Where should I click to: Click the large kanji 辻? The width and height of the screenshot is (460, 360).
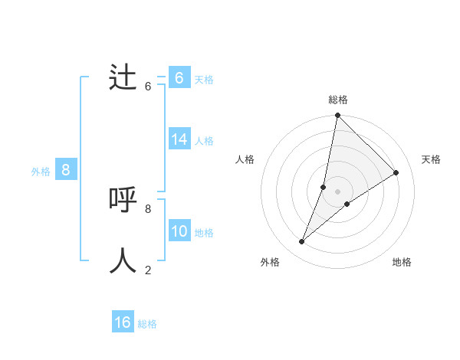[x=123, y=77]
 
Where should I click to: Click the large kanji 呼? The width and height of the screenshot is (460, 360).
[x=123, y=200]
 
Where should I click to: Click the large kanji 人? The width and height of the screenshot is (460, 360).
[x=123, y=261]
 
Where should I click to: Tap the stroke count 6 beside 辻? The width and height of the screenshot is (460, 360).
[x=148, y=86]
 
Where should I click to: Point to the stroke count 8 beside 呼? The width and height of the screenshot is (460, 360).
[x=148, y=208]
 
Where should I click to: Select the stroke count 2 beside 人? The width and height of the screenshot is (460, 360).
[x=148, y=270]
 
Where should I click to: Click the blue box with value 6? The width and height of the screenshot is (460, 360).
[x=179, y=77]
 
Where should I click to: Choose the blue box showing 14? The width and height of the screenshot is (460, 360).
[x=179, y=139]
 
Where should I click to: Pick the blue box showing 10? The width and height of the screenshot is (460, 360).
[x=179, y=231]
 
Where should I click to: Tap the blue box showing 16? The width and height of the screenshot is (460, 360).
[x=123, y=322]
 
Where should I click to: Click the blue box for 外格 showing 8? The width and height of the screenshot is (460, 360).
[x=66, y=170]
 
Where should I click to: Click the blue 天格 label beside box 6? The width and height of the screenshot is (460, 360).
[x=204, y=79]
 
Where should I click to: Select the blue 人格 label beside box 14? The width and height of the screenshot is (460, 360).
[x=204, y=141]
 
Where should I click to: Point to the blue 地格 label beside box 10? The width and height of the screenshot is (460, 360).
[x=204, y=233]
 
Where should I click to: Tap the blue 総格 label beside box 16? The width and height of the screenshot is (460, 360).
[x=147, y=324]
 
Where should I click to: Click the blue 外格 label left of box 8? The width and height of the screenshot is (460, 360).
[x=41, y=172]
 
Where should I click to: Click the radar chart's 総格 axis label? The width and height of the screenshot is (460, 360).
[x=337, y=100]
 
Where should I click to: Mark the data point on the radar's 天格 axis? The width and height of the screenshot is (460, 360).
[x=396, y=172]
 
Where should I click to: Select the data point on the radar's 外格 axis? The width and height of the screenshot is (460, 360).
[x=302, y=242]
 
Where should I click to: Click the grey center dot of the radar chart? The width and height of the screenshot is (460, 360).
[x=337, y=191]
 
